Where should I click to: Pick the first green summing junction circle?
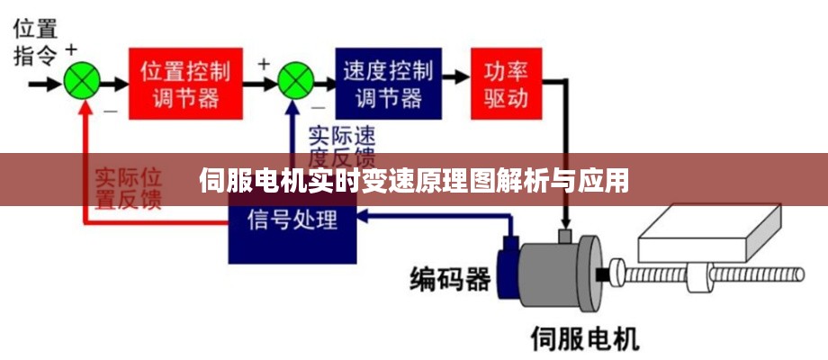pos(83,83)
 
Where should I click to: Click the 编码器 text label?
pos(450,279)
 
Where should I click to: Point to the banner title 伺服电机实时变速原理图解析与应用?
pos(413,181)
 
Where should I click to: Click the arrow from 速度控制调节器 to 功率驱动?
pos(456,83)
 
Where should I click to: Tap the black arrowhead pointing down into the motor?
pos(566,222)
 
